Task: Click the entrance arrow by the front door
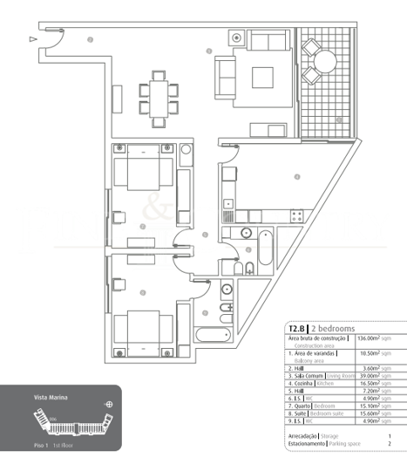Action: pyautogui.click(x=33, y=38)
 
